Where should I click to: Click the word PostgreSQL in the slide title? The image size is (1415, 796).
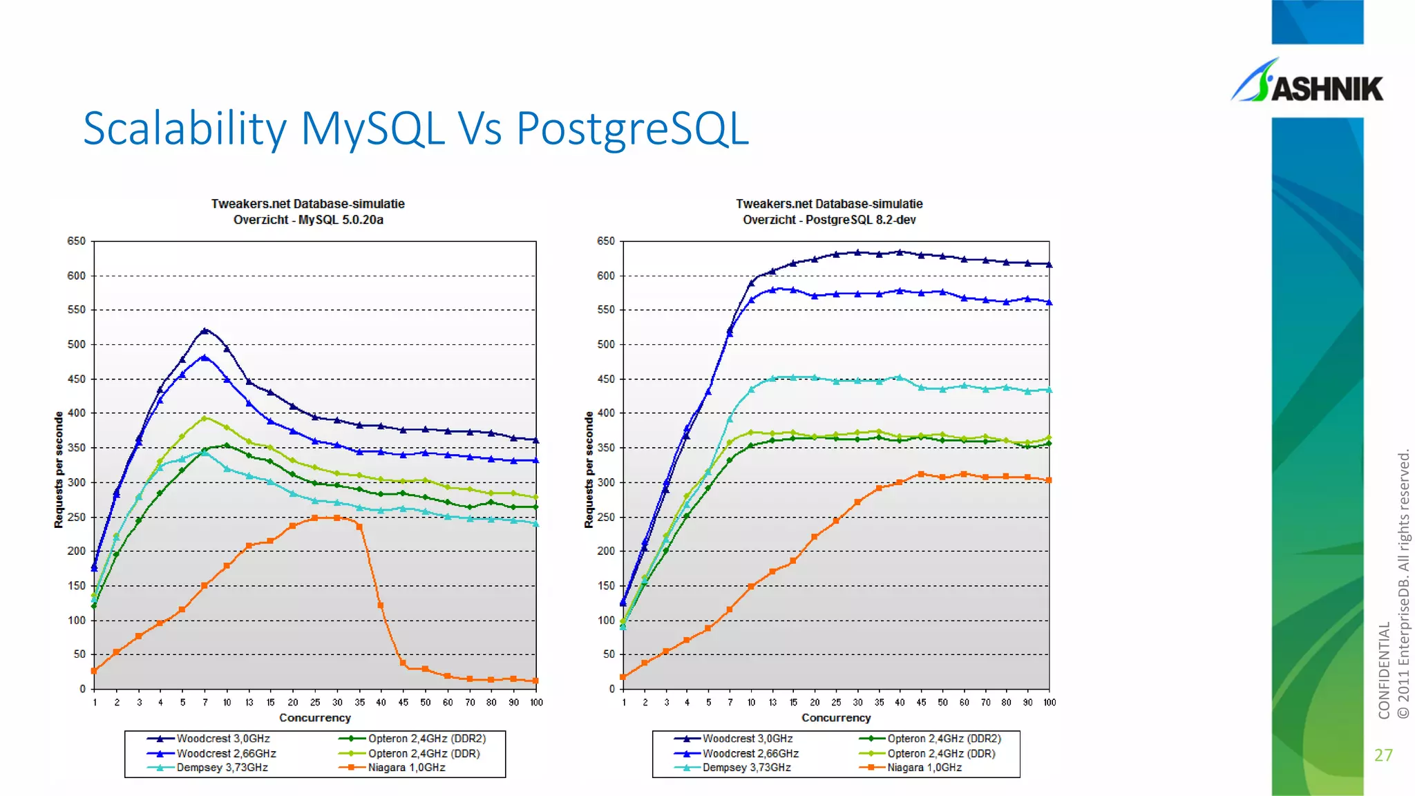point(632,129)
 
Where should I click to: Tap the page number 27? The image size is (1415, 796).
point(1383,755)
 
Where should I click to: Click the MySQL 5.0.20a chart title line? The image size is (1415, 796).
point(308,220)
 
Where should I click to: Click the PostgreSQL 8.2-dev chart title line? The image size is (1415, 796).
point(829,220)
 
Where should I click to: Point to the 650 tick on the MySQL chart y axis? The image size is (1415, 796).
point(77,241)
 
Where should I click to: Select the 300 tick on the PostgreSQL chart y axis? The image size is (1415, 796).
point(606,482)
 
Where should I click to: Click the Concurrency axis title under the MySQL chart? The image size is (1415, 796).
point(315,718)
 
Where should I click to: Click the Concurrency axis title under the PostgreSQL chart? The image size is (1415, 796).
point(836,718)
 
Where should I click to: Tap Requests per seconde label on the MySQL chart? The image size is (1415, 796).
point(59,470)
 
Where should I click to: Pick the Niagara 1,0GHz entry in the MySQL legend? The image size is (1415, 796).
point(406,768)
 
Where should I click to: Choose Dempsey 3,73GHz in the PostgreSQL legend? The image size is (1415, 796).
point(746,768)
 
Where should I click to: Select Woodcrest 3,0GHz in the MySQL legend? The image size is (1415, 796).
point(222,739)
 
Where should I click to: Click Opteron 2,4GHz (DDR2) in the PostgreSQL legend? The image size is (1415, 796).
point(944,739)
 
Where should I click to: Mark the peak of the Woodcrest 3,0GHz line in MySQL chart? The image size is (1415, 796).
point(205,331)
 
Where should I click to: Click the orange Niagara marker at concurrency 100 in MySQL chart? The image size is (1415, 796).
point(535,681)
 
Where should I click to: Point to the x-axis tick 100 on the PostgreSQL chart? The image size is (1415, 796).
point(1050,703)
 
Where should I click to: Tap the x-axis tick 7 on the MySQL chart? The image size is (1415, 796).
point(205,703)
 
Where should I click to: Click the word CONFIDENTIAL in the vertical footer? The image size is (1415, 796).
point(1384,670)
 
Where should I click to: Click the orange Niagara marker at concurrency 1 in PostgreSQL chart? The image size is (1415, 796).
point(623,677)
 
